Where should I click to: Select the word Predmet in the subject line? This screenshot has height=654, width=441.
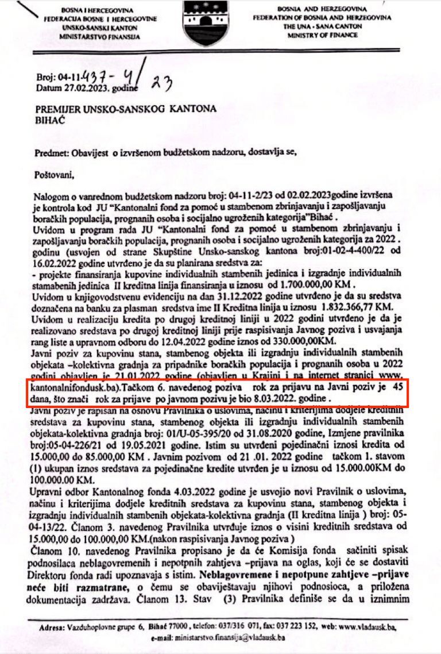tap(49, 152)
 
